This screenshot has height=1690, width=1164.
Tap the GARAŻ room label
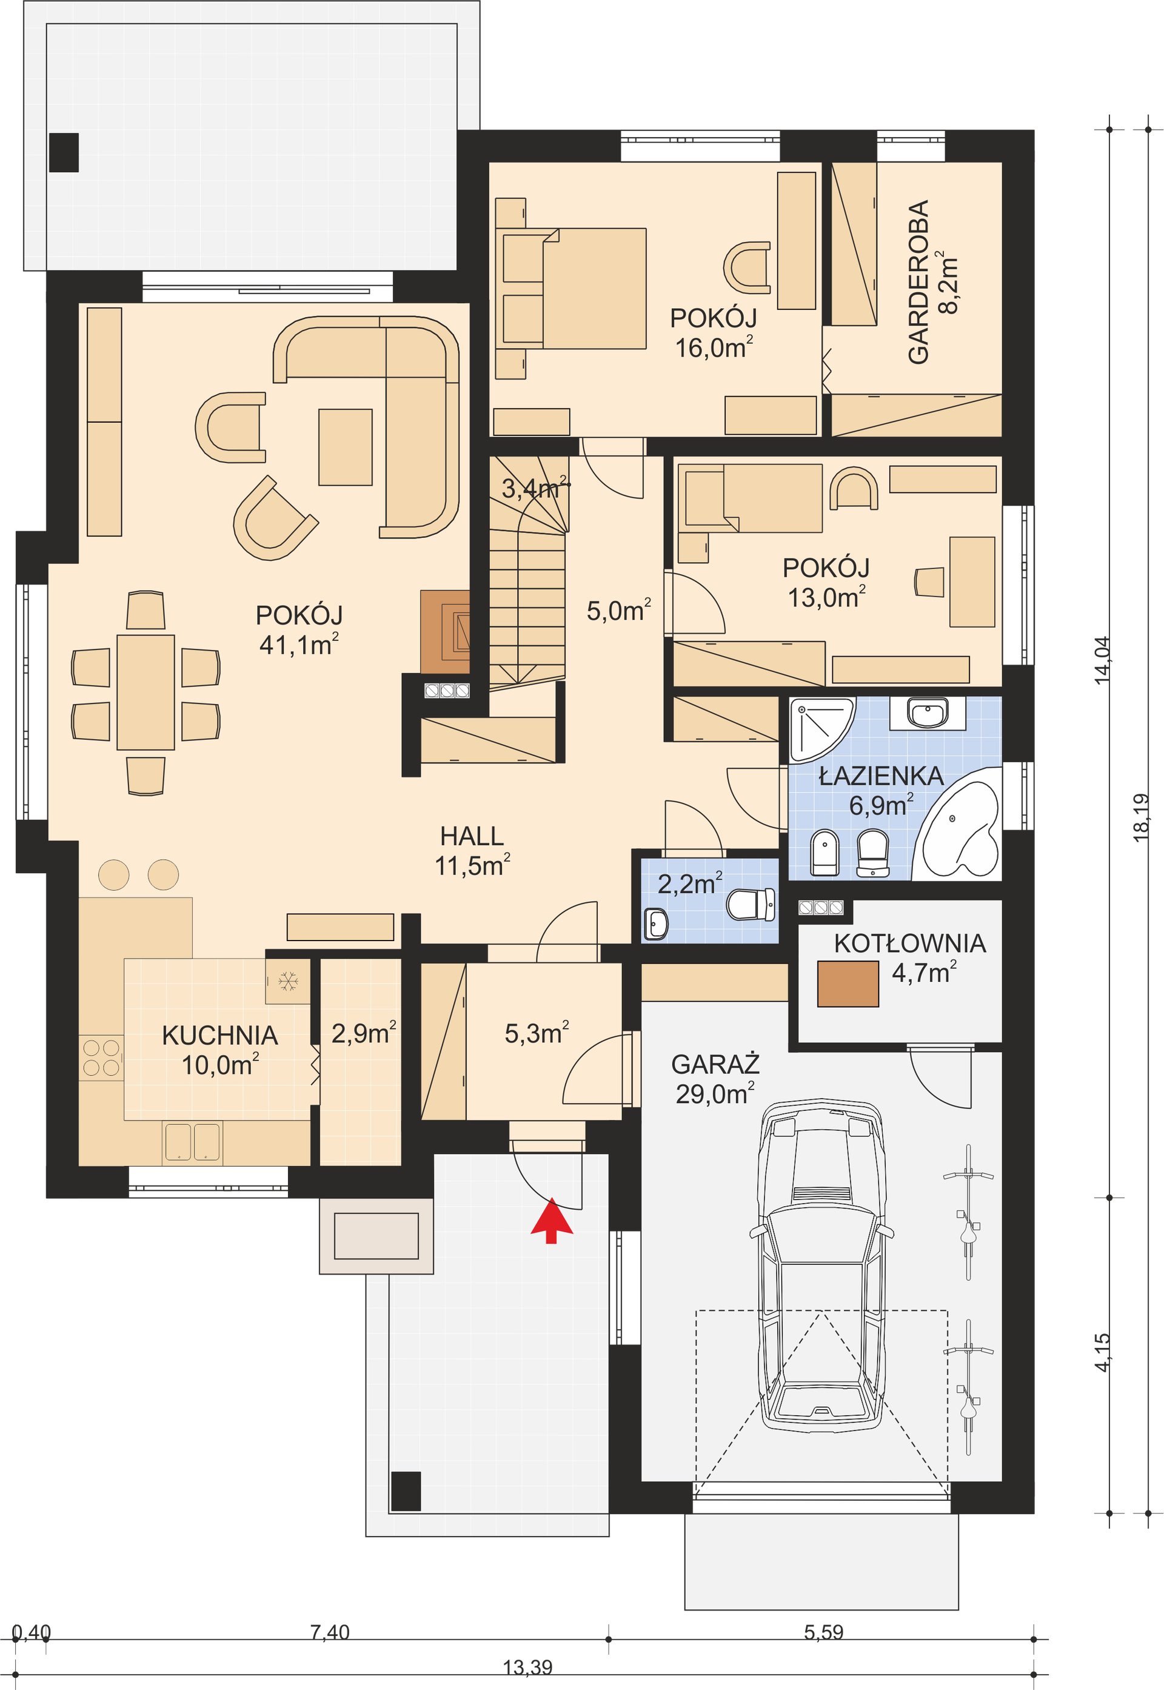pos(715,1064)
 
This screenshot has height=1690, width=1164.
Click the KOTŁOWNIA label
pos(909,943)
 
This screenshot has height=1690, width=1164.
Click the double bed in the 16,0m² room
pos(574,288)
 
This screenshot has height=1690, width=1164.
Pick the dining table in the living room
pos(146,692)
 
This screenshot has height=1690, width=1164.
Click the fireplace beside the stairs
pos(445,632)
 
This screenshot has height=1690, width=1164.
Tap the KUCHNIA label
pos(219,1035)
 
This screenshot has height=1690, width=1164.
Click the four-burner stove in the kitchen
pos(101,1058)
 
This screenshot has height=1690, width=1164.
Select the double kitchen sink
pos(192,1141)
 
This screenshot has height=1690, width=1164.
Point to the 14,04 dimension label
pos(1102,660)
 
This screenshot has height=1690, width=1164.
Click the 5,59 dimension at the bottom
pos(823,1632)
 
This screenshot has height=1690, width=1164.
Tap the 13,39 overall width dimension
pos(527,1668)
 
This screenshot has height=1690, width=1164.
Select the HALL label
pos(472,836)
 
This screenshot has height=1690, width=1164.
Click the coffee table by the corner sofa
pos(345,447)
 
